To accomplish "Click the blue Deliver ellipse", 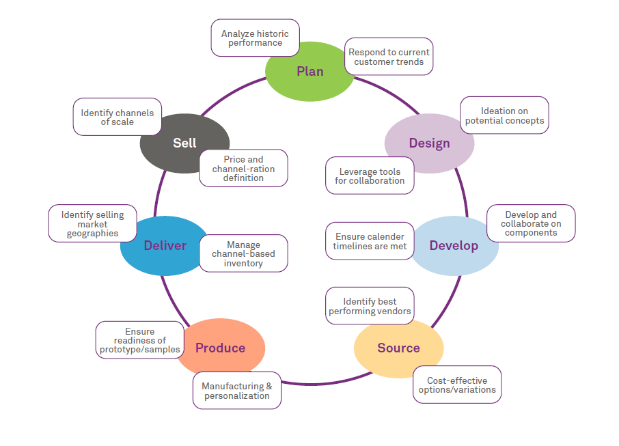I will pyautogui.click(x=163, y=246).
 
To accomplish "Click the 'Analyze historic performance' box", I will pyautogui.click(x=255, y=38).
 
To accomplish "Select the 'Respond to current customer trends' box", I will pyautogui.click(x=389, y=57).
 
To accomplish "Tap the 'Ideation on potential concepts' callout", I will pyautogui.click(x=504, y=115).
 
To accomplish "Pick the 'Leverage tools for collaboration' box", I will pyautogui.click(x=370, y=176).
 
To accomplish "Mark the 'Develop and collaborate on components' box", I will pyautogui.click(x=531, y=223).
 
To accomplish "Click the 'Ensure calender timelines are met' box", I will pyautogui.click(x=370, y=241).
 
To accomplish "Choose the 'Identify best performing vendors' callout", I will pyautogui.click(x=370, y=306).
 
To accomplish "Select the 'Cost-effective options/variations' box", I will pyautogui.click(x=457, y=385).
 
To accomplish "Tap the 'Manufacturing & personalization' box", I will pyautogui.click(x=236, y=391).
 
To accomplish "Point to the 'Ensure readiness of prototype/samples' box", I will pyautogui.click(x=139, y=340).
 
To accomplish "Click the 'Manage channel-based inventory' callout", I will pyautogui.click(x=243, y=253).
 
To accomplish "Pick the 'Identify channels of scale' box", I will pyautogui.click(x=117, y=117).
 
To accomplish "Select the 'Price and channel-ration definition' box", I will pyautogui.click(x=243, y=168).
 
